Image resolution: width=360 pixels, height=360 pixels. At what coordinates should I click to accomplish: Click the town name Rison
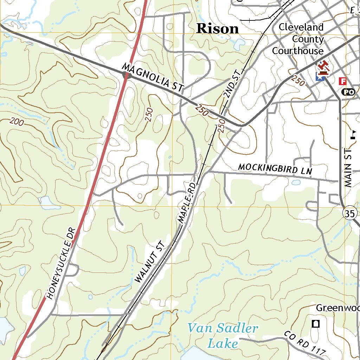click(218, 28)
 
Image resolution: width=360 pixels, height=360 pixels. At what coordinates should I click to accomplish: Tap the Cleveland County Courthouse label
click(298, 39)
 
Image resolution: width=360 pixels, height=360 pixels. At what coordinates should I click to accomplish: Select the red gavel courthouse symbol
click(323, 67)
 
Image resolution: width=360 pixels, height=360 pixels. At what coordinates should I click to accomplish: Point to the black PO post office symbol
click(348, 92)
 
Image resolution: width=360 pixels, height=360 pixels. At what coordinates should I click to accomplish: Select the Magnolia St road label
click(153, 78)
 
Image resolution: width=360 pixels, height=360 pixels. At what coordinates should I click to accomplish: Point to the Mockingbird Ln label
click(275, 169)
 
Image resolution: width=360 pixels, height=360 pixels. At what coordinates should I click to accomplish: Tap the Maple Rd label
click(187, 202)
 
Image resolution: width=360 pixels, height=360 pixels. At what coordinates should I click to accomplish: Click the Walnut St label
click(149, 262)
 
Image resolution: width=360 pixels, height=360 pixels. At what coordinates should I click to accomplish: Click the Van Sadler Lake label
click(223, 336)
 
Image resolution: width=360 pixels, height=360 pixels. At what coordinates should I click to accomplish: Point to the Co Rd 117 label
click(305, 343)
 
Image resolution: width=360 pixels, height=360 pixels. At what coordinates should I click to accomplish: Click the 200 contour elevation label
click(17, 122)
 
